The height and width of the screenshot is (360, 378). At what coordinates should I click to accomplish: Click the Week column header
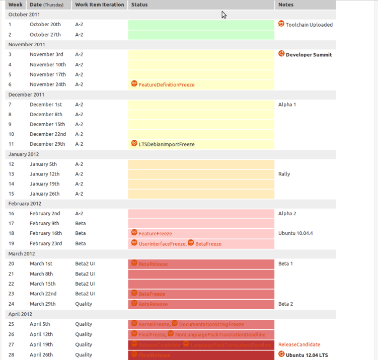coord(16,5)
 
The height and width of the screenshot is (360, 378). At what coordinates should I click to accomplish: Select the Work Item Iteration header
coord(99,5)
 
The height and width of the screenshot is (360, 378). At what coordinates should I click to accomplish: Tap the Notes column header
coord(286,5)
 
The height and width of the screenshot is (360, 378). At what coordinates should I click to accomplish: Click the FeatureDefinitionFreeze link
coord(166,85)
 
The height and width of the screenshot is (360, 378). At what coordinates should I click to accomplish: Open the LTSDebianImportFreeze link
coord(166,145)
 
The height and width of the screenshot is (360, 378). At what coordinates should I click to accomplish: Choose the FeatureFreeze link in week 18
coord(155,234)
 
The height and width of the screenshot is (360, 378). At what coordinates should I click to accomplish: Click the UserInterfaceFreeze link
coord(162,244)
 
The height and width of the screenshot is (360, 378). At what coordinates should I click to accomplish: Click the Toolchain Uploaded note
coord(309,25)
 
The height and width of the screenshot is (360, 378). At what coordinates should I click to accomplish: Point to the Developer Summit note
coord(309,55)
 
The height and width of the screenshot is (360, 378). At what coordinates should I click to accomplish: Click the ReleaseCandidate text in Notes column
coord(299,345)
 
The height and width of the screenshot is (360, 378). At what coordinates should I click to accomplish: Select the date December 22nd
coord(47,134)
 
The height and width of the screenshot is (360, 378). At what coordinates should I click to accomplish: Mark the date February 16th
coord(46,233)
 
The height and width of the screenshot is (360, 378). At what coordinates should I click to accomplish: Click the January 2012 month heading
coord(24,154)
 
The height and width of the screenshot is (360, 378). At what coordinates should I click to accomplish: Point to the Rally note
coord(284,174)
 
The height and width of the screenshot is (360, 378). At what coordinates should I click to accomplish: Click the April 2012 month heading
coord(21,314)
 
